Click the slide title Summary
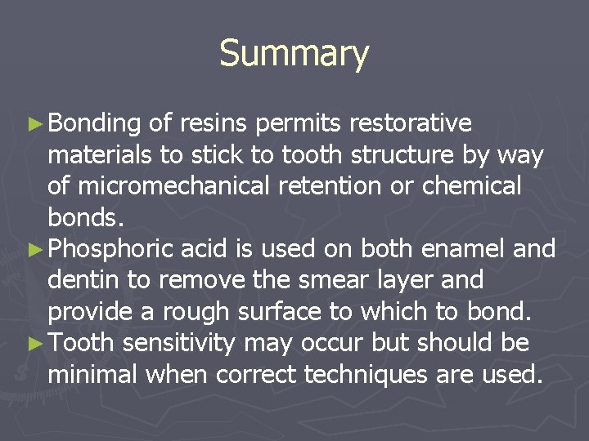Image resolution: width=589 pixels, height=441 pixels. pos(294,54)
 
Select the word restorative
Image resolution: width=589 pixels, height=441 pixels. pos(410,123)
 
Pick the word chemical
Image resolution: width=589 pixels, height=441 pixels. pos(471,186)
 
